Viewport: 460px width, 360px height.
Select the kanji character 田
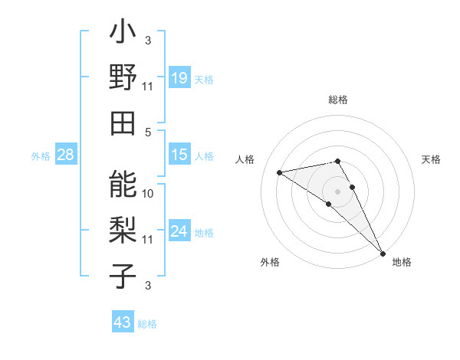click(x=123, y=122)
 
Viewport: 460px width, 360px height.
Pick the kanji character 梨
click(x=123, y=227)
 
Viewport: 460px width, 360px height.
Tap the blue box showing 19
click(x=179, y=78)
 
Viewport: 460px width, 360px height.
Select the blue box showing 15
click(x=179, y=155)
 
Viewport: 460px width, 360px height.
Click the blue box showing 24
click(x=179, y=232)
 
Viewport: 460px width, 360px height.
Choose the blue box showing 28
click(x=66, y=155)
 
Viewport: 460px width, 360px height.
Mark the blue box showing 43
click(x=122, y=322)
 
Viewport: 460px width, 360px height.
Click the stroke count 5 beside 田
click(x=148, y=133)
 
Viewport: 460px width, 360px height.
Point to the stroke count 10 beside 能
click(x=148, y=193)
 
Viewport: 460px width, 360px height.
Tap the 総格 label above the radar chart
click(x=338, y=100)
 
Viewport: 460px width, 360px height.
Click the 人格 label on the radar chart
click(x=245, y=159)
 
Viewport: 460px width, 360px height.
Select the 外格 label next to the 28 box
click(x=41, y=156)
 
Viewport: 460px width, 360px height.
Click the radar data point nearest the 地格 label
click(x=382, y=252)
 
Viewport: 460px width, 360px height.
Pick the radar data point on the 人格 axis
click(x=280, y=172)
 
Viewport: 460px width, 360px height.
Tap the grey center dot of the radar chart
click(x=338, y=191)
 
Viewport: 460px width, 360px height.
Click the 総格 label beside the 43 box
click(x=147, y=324)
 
